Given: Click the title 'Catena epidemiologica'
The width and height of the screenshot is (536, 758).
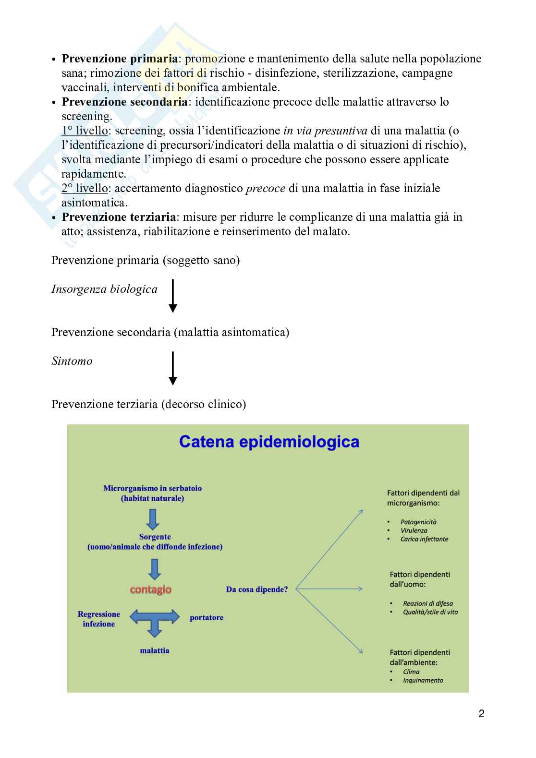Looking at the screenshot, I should [269, 441].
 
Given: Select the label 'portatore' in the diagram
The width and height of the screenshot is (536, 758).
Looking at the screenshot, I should [207, 617].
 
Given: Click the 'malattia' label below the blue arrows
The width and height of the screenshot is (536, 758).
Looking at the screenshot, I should [155, 650].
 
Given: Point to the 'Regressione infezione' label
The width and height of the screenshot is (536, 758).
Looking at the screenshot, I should [99, 619].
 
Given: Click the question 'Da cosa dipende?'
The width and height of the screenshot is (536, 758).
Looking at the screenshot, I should [257, 589].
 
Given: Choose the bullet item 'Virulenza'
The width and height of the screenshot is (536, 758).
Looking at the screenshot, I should [414, 530].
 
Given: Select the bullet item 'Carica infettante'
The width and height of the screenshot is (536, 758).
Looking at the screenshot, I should [424, 539].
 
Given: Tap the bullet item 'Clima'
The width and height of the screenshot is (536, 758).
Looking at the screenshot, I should [411, 672].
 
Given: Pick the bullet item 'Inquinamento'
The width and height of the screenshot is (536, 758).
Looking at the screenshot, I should [423, 680].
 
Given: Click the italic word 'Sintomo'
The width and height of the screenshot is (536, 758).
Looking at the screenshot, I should [72, 361].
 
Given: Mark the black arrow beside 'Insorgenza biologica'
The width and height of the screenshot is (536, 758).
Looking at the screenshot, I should [173, 296].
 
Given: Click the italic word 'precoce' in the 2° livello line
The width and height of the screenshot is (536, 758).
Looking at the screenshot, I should [266, 188].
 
